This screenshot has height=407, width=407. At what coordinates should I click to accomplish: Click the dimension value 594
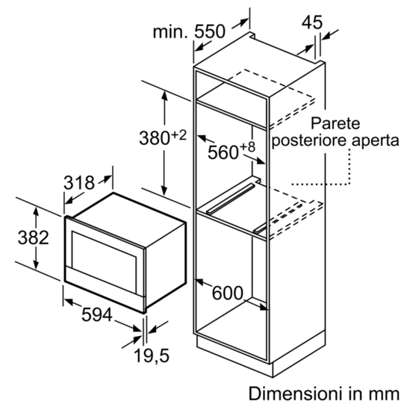(97, 315)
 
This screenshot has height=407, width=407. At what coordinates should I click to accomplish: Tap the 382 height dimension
(33, 237)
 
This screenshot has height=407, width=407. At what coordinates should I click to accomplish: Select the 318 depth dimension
(79, 183)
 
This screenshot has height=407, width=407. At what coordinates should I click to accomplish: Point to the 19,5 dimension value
(152, 356)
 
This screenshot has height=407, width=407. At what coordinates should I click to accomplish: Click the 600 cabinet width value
(228, 293)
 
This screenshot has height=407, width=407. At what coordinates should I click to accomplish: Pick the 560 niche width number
(223, 152)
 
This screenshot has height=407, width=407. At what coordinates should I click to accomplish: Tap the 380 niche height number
(155, 138)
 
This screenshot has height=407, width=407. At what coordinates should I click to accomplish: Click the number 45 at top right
(312, 22)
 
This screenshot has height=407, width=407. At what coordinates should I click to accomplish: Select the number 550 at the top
(210, 31)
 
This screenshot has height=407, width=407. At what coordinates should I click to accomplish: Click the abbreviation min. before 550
(170, 32)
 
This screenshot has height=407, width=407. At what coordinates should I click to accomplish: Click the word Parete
(335, 123)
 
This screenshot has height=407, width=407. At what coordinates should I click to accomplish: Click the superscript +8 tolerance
(248, 147)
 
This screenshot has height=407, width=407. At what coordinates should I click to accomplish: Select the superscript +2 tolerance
(179, 135)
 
